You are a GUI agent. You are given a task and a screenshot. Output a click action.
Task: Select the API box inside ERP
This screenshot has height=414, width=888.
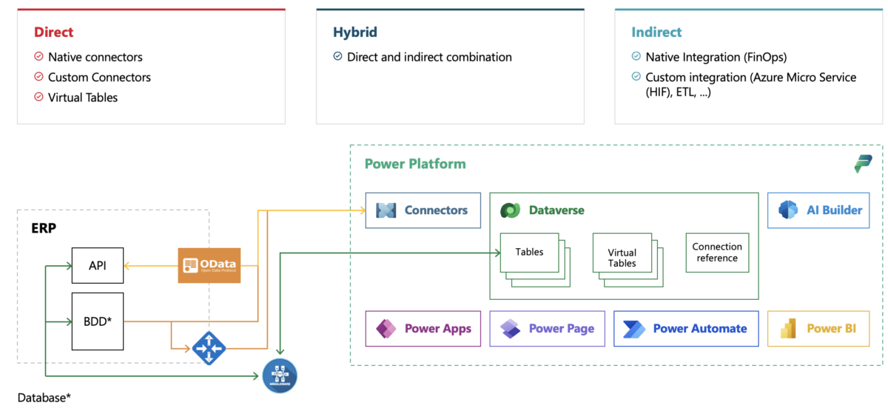98,265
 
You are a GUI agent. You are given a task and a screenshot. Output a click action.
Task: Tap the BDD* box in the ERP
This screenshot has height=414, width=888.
98,321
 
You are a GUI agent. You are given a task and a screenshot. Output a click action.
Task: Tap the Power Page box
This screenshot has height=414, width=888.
546,329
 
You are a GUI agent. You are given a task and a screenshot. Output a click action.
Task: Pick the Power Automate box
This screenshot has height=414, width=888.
685,329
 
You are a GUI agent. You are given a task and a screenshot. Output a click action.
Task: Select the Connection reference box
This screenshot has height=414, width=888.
716,253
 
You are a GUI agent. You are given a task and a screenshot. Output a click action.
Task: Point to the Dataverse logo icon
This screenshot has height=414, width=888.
509,210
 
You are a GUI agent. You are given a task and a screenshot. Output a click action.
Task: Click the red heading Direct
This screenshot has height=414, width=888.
53,33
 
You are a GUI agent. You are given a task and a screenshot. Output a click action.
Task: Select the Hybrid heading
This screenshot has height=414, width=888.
354,33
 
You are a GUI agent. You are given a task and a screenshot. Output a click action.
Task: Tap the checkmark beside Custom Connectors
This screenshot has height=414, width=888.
38,77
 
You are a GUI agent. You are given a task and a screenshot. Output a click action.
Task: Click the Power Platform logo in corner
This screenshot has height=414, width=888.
863,164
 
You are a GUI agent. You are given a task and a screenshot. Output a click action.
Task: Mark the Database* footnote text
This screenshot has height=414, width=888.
44,398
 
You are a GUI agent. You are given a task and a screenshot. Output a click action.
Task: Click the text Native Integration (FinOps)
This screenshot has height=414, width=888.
716,57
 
